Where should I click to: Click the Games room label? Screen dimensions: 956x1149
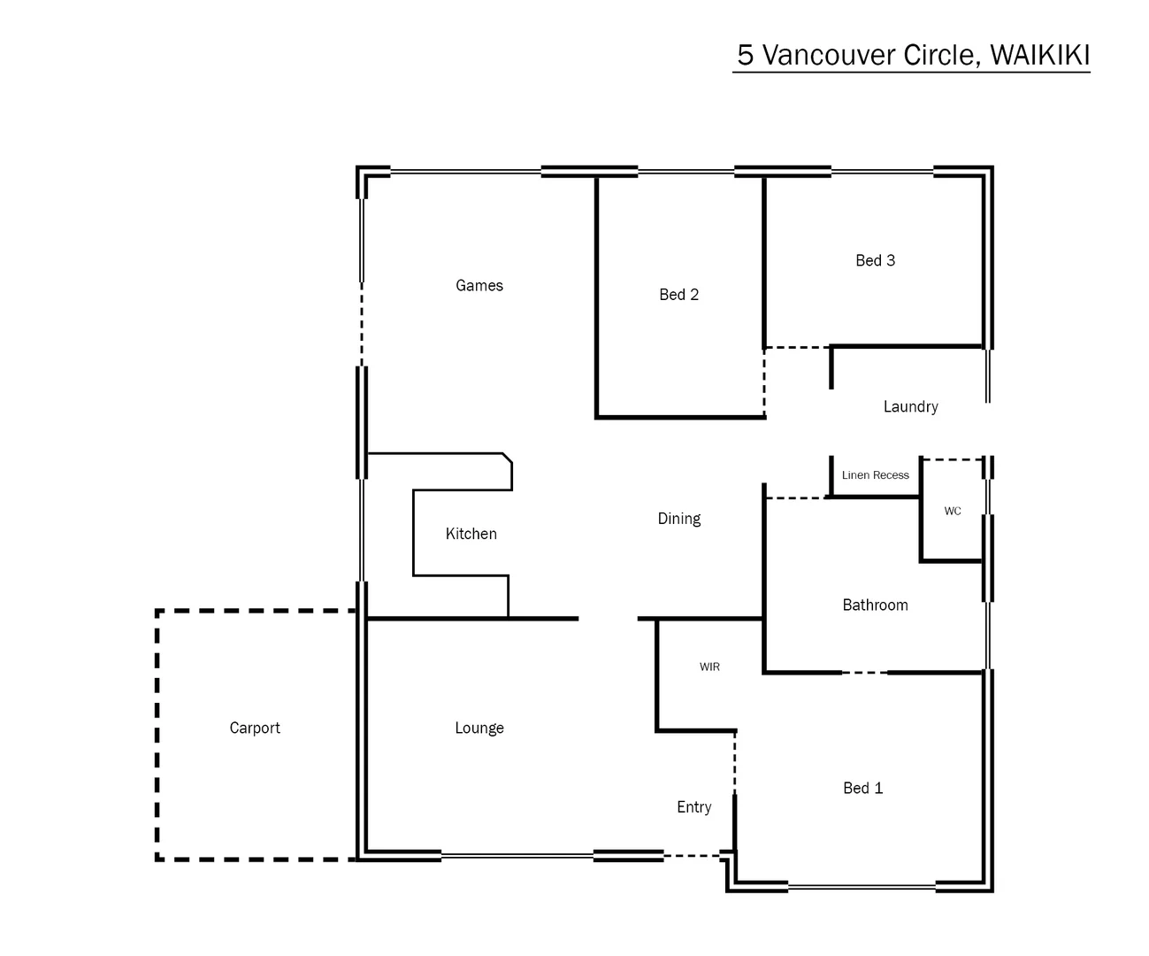click(479, 285)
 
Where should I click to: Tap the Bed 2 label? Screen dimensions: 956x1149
click(678, 295)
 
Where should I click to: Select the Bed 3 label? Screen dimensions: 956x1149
click(875, 260)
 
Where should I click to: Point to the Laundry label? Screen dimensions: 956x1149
click(910, 406)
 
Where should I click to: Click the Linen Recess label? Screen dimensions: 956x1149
click(875, 475)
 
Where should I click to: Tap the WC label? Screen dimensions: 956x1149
click(952, 512)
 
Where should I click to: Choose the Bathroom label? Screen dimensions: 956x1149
click(875, 605)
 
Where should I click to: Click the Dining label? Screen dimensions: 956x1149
click(678, 519)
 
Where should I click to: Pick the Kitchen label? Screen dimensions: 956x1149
click(471, 534)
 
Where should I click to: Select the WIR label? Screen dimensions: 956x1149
click(709, 667)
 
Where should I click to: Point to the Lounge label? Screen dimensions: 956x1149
click(479, 728)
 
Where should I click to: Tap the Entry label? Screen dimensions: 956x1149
click(693, 807)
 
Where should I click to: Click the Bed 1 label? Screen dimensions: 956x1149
click(862, 788)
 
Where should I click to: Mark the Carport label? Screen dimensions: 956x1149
click(255, 728)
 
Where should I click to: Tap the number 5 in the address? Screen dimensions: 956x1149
click(746, 55)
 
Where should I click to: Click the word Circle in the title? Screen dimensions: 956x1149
click(940, 55)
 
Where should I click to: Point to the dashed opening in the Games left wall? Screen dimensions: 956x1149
click(361, 324)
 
